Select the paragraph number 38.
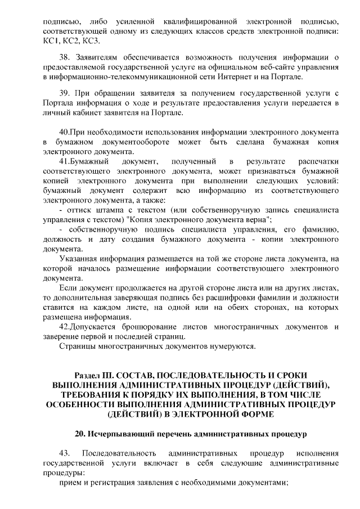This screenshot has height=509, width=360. [65, 56]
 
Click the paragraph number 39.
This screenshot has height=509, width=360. [65, 93]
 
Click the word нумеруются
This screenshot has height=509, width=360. [229, 346]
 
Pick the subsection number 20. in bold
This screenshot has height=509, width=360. [81, 434]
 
